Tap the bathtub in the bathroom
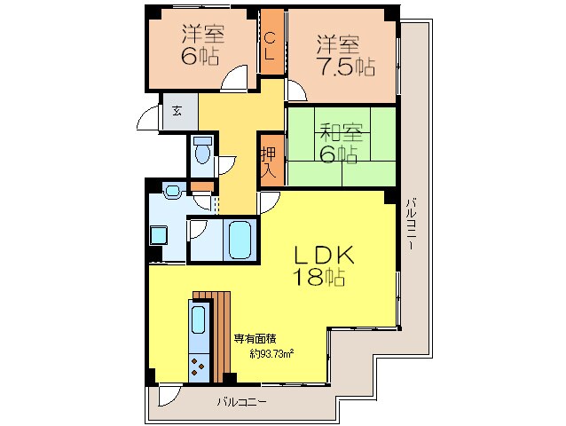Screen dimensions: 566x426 point(240,241)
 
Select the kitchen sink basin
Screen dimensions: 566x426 point(198,319)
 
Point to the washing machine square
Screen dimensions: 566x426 point(159,235)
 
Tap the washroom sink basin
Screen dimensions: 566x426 point(172,190)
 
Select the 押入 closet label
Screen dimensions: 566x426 point(269,162)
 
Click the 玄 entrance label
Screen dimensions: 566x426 point(177,111)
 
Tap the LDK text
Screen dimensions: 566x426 point(324,256)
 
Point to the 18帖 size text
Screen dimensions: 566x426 point(319,277)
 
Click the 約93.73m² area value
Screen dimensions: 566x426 point(271,354)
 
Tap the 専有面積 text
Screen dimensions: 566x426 point(255,339)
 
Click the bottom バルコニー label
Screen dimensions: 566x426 point(242,401)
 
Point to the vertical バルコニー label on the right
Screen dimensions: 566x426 point(410,224)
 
